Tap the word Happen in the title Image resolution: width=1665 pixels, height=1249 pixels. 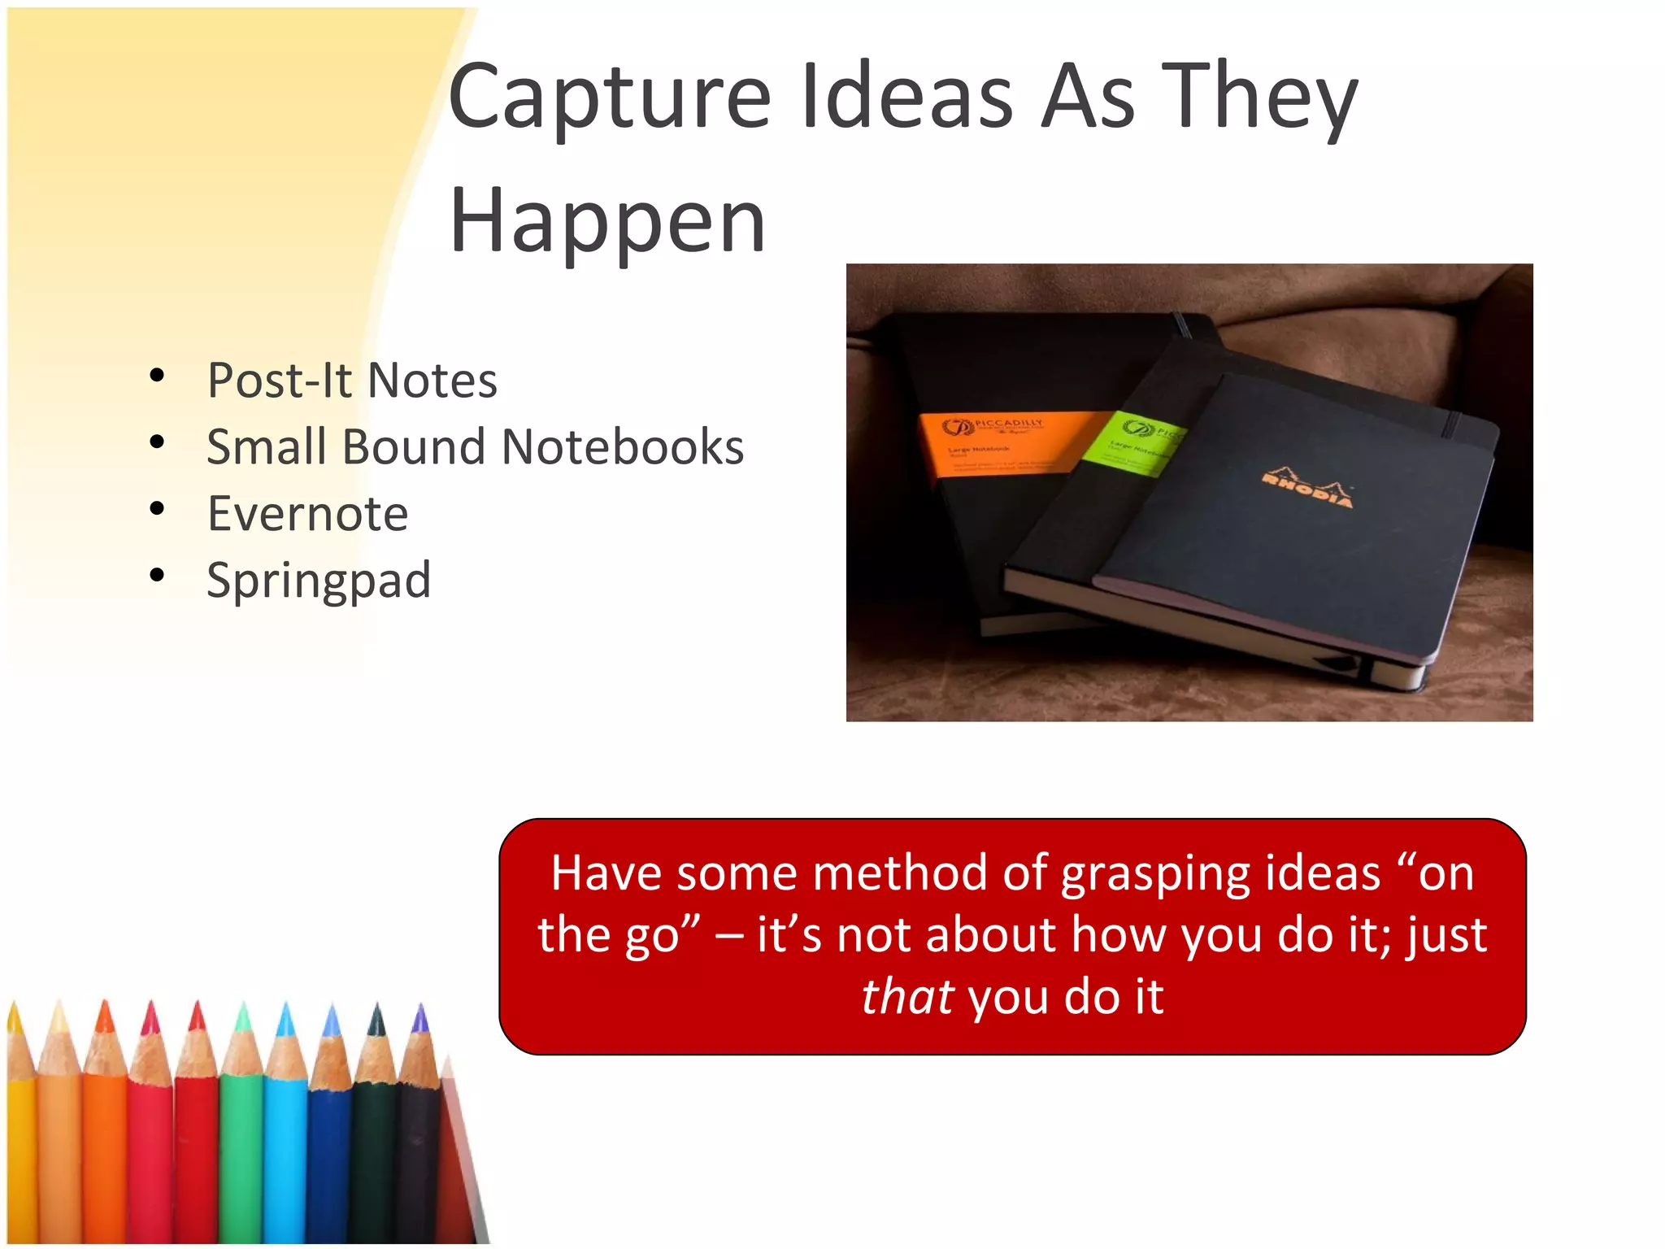607,221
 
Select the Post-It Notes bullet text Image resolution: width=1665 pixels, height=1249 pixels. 351,381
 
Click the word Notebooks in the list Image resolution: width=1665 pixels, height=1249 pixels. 622,447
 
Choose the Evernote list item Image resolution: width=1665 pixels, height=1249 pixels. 307,514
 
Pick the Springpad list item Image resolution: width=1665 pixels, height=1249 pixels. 319,581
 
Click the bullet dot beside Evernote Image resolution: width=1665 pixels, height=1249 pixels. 157,509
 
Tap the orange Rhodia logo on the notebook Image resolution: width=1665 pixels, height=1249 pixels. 1307,488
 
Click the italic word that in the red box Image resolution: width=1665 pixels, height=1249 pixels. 906,997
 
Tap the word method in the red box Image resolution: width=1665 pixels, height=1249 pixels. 899,873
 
